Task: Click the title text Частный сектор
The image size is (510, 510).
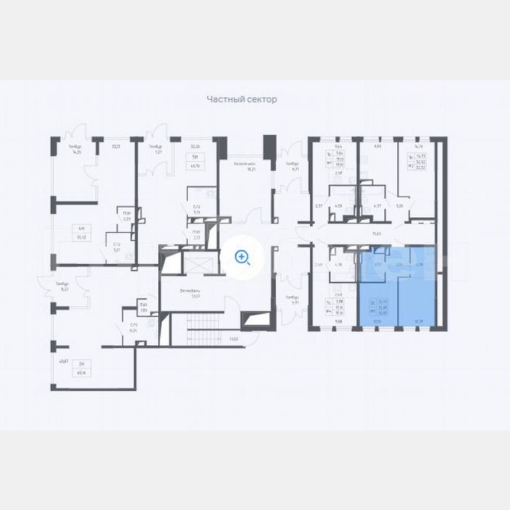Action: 241,100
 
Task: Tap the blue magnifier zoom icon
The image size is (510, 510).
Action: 242,257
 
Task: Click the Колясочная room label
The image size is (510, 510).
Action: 244,166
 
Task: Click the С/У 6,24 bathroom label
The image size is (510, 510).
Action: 134,328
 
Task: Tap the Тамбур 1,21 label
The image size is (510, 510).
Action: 155,149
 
